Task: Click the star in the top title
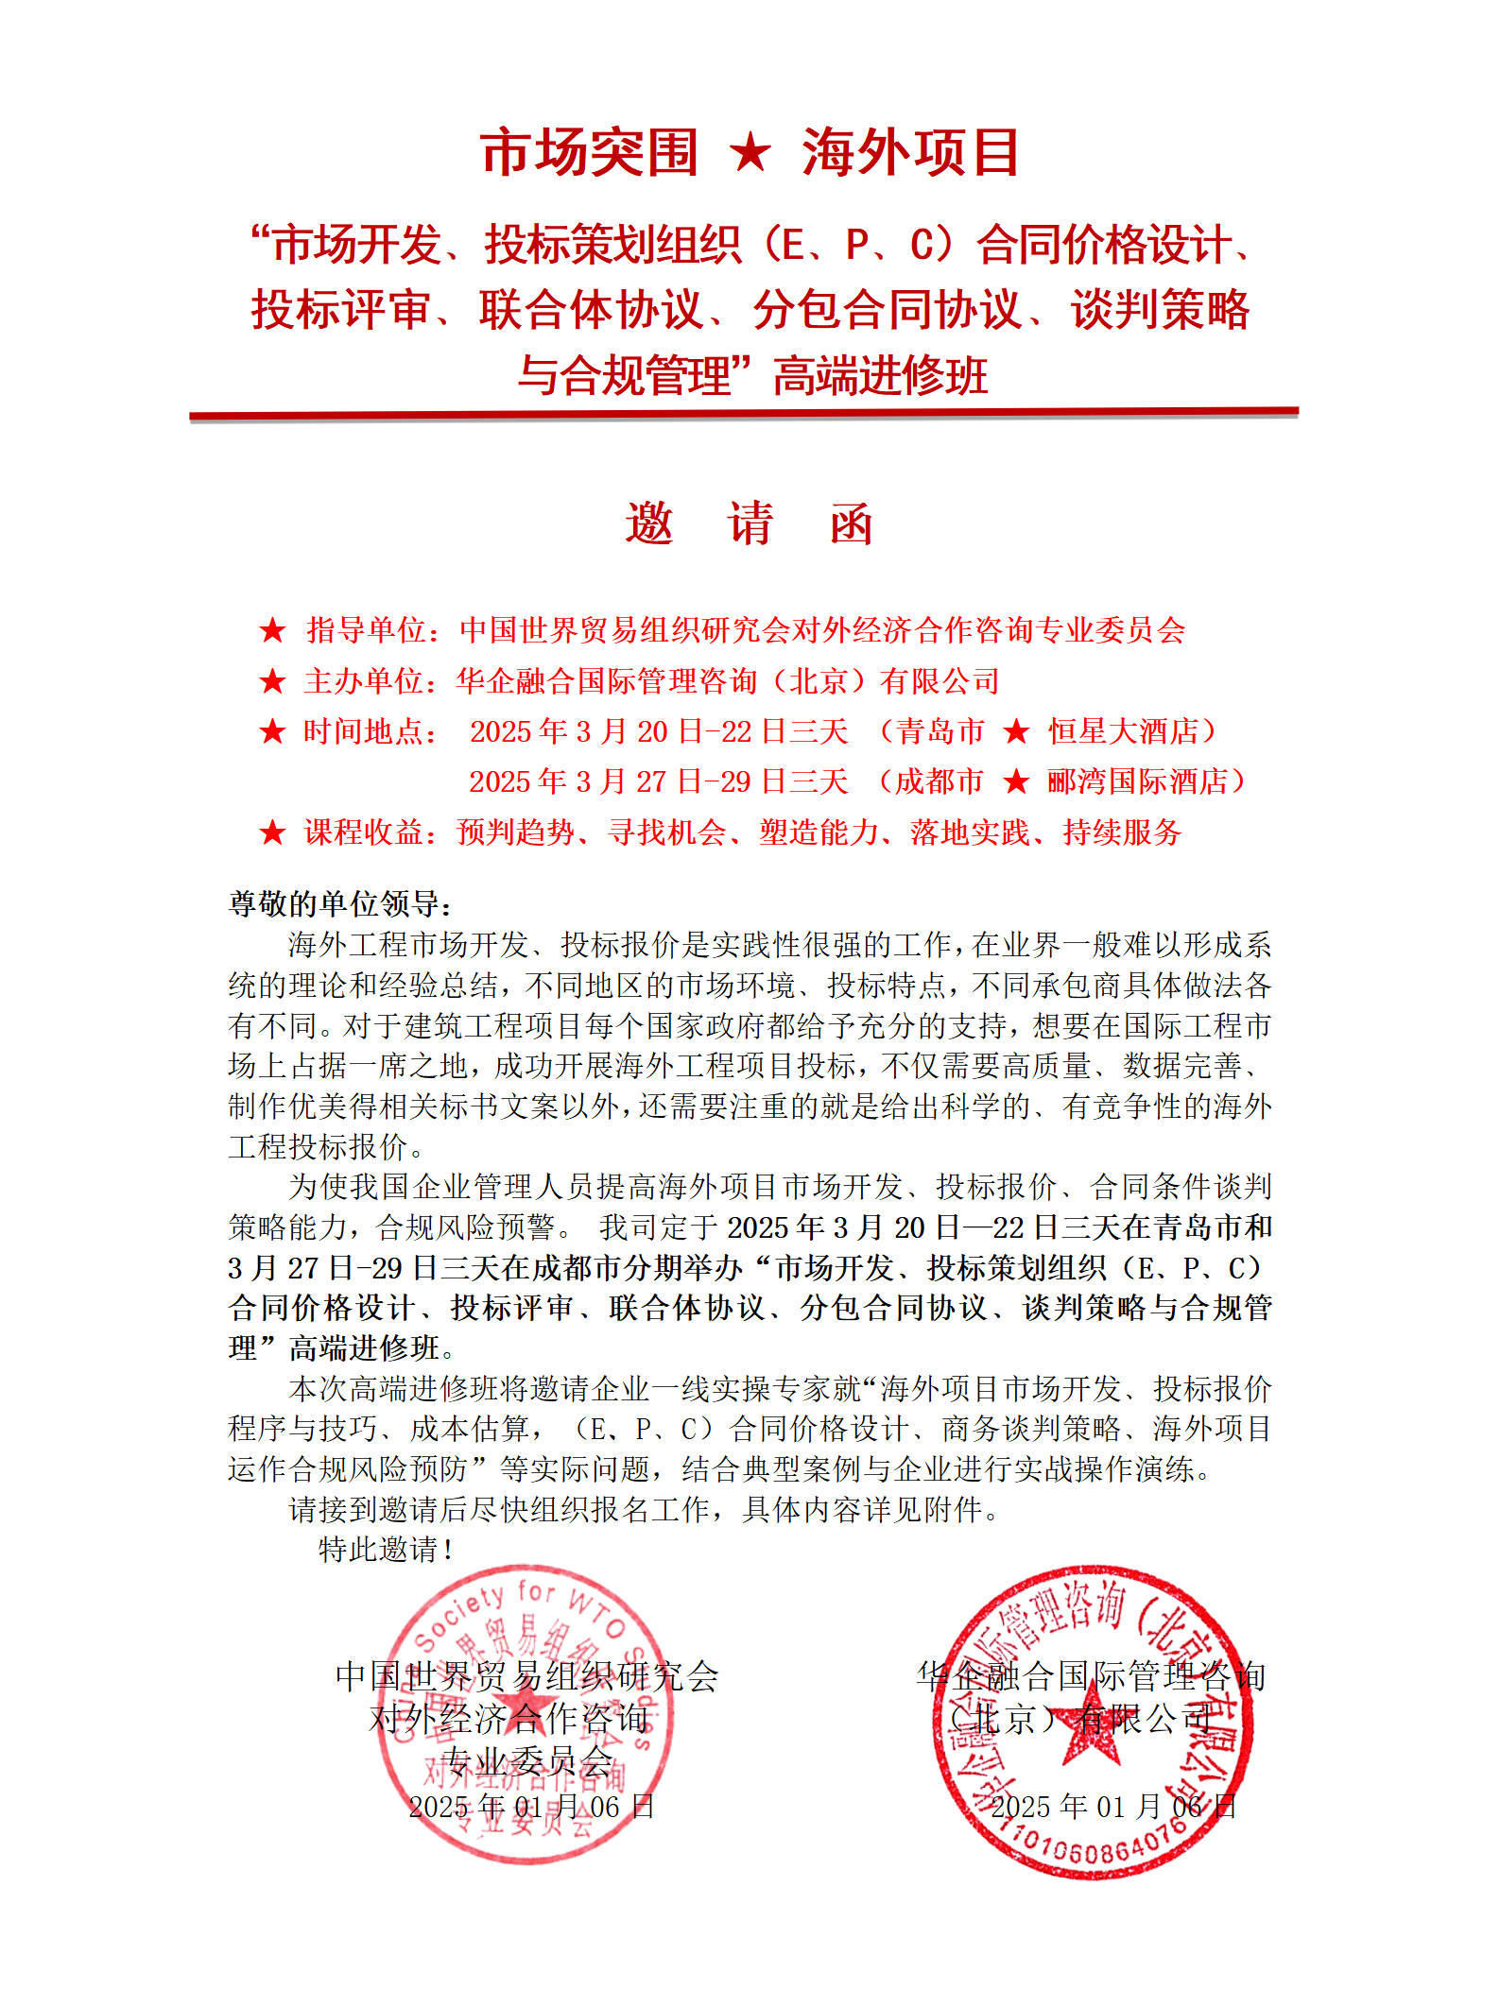click(x=750, y=153)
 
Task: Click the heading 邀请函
click(x=750, y=523)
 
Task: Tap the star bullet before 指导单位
click(x=273, y=630)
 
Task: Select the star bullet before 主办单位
click(x=273, y=681)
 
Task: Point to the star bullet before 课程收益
click(x=273, y=832)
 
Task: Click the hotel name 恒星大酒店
click(x=1123, y=731)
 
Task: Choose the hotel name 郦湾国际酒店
click(x=1137, y=781)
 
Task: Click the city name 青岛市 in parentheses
click(x=940, y=731)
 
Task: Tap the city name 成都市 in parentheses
click(x=939, y=781)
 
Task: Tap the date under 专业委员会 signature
click(x=531, y=1807)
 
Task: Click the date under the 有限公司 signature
click(x=1112, y=1807)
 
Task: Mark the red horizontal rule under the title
click(x=744, y=414)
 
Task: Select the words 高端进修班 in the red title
click(x=880, y=375)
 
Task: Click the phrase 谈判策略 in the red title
click(x=1160, y=310)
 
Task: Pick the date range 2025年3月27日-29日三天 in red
click(x=659, y=781)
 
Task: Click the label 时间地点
click(x=370, y=731)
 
